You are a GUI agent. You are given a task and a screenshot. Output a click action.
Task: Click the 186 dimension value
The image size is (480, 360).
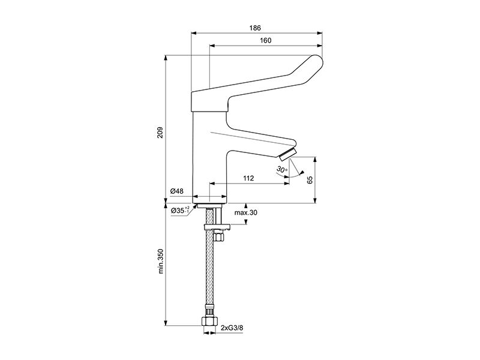coord(254,28)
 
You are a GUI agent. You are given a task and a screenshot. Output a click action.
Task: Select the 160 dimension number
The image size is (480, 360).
coord(265,40)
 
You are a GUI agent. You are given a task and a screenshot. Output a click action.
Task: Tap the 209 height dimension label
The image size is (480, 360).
coord(160,132)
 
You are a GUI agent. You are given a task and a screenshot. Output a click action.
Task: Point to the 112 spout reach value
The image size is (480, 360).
coord(248,178)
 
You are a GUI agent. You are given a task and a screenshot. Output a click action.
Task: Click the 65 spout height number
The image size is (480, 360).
coord(310,179)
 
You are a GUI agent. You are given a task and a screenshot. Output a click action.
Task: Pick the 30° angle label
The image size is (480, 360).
coord(282,169)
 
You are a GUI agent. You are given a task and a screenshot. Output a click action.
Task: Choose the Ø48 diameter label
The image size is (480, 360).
coord(177,191)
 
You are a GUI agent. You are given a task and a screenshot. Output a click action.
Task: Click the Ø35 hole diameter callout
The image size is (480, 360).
coord(181,211)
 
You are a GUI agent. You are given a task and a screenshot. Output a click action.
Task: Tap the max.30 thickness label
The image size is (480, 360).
coord(246,212)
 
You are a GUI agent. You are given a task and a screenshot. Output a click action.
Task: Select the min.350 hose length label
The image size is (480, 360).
coord(161,261)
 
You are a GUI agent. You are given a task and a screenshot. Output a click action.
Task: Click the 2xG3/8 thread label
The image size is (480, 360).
coord(232,328)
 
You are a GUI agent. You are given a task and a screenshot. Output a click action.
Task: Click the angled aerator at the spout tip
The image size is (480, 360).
coord(288,154)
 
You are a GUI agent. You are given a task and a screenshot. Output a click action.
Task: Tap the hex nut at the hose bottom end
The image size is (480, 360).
coord(209,321)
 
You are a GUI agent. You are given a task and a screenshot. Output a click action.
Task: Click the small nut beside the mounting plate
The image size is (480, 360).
coord(218,237)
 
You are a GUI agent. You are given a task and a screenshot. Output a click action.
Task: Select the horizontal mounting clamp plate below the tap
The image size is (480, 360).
coord(217,227)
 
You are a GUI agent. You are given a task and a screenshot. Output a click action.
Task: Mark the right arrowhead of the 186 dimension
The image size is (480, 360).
coord(320,32)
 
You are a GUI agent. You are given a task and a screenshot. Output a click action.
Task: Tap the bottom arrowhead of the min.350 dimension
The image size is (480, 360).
coord(166,323)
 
